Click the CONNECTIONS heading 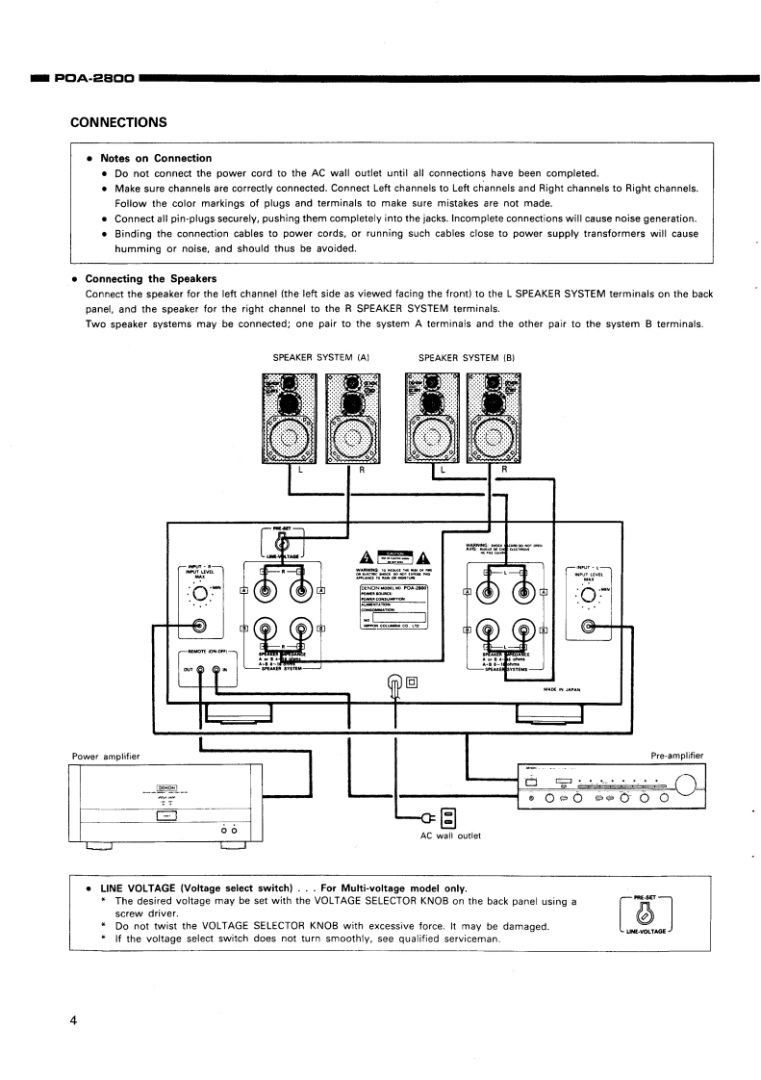coord(119,122)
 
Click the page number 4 coord(73,1020)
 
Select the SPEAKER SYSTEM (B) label coord(468,358)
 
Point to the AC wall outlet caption coord(449,836)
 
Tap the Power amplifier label coord(107,756)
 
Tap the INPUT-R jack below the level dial coord(199,627)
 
